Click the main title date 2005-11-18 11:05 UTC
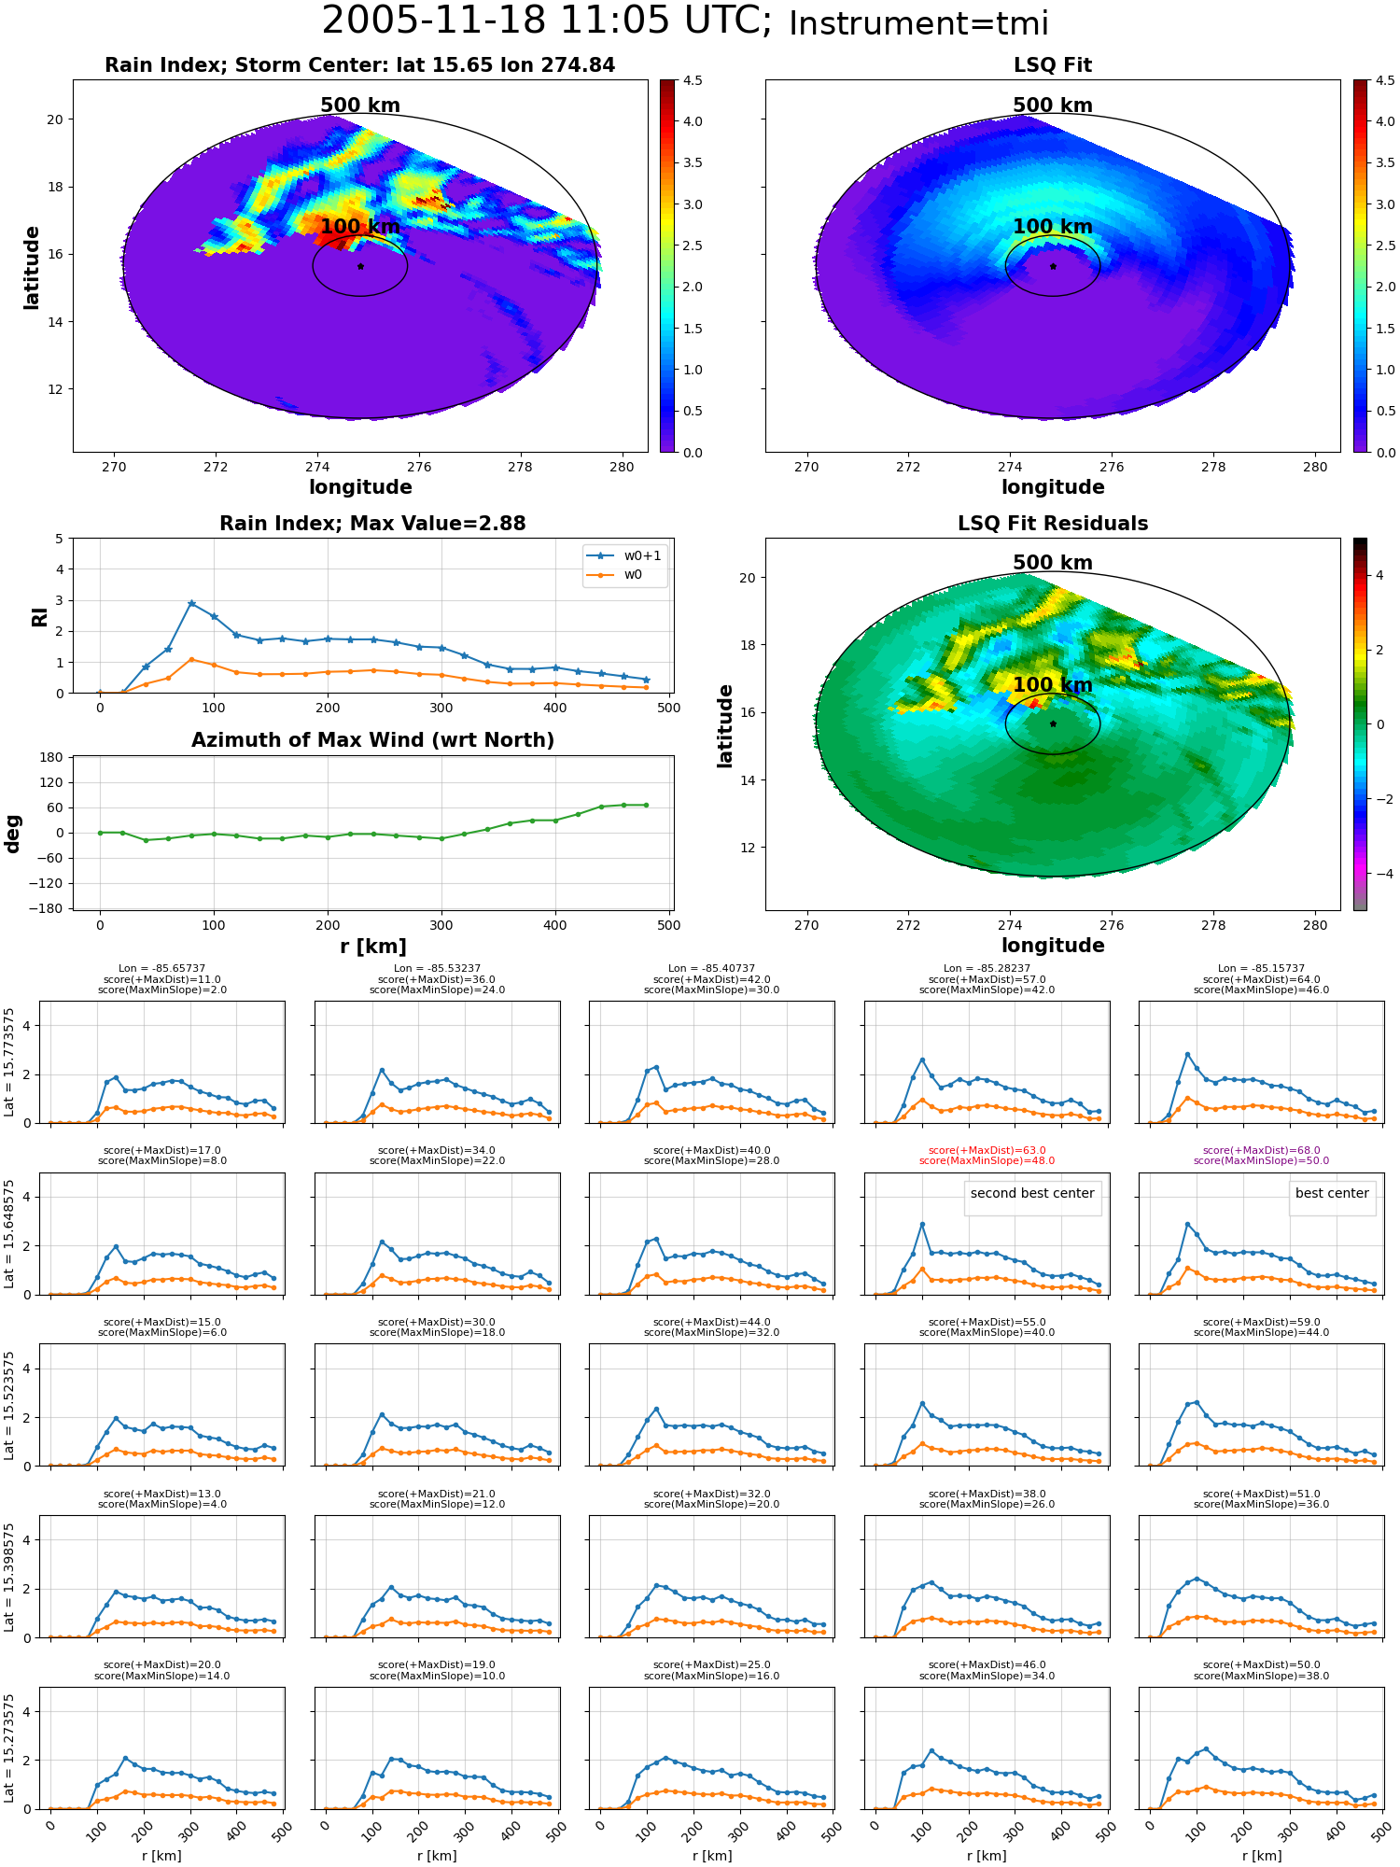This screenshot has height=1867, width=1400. tap(546, 21)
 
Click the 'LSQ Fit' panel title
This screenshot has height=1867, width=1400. tap(1052, 65)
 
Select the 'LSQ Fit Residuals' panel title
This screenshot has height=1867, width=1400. tap(1052, 524)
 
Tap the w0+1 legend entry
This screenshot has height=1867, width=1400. tap(624, 555)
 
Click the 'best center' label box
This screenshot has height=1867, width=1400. tap(1332, 1194)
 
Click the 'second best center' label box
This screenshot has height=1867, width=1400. tap(1032, 1194)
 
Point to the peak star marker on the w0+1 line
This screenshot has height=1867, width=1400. tap(191, 604)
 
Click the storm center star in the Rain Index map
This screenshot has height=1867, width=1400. tap(360, 266)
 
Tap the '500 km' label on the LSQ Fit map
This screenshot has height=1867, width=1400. tap(1052, 105)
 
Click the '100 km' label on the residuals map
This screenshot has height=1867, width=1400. tap(1052, 685)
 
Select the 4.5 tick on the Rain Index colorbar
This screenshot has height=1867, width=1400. tap(692, 80)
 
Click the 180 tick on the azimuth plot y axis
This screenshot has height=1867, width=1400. tap(52, 757)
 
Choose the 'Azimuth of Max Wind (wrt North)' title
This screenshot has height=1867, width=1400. tap(372, 740)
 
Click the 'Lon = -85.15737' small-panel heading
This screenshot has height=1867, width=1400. tap(1261, 969)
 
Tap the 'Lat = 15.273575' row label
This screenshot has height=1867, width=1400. tap(9, 1748)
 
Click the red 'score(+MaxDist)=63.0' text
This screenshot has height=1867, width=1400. tap(987, 1151)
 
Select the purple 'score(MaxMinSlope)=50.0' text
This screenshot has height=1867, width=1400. tap(1261, 1161)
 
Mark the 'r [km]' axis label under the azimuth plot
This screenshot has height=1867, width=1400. tap(372, 947)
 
